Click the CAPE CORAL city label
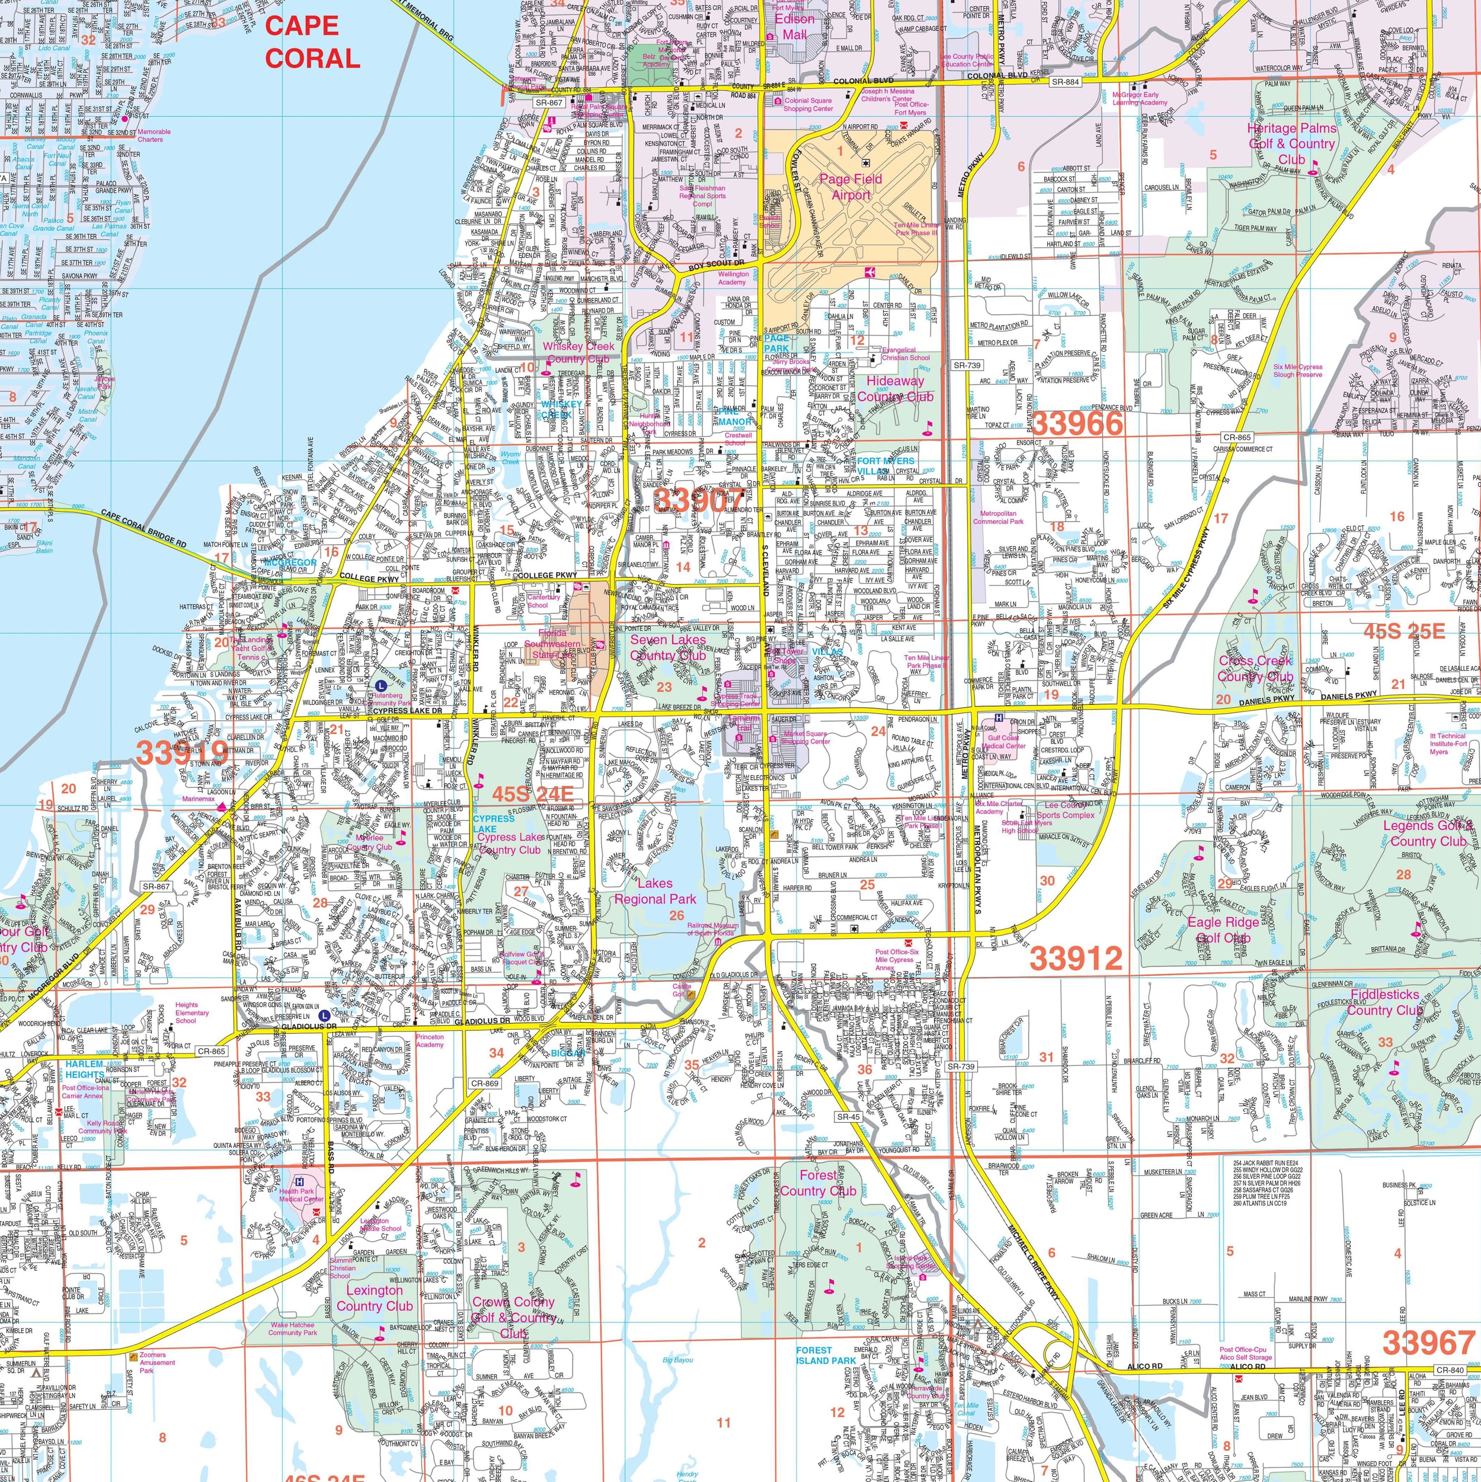tap(312, 42)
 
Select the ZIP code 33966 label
tap(1077, 423)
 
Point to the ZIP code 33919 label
tap(182, 752)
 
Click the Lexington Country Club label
tap(375, 1298)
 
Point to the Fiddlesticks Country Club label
tap(1384, 1002)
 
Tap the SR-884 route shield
tap(1064, 81)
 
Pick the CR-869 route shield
tap(485, 1082)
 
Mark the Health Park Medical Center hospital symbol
tap(299, 1182)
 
